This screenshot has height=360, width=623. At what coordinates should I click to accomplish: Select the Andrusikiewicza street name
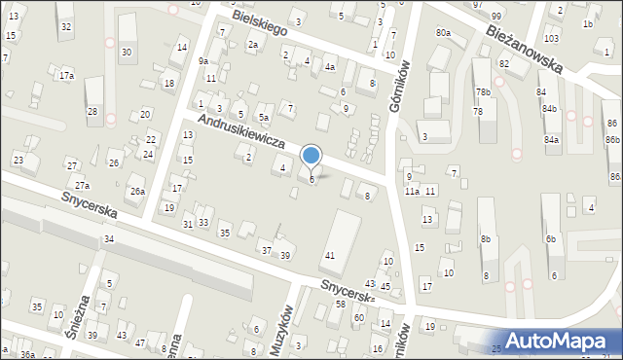click(x=240, y=132)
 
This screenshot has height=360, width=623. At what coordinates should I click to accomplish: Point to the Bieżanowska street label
click(x=525, y=50)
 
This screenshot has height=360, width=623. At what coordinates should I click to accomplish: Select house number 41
click(x=330, y=255)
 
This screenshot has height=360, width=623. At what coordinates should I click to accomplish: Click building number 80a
click(x=443, y=33)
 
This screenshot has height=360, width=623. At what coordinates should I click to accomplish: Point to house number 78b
click(x=483, y=92)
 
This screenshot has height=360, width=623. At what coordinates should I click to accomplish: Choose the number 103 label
click(x=552, y=38)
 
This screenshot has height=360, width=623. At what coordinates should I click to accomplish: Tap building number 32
click(x=65, y=26)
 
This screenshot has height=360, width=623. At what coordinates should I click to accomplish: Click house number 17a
click(x=66, y=75)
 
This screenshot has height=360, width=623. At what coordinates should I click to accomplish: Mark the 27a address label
click(x=83, y=185)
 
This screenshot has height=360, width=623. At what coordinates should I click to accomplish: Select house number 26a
click(x=137, y=192)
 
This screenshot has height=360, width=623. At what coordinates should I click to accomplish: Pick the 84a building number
click(x=552, y=140)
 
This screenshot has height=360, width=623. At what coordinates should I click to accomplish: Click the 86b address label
click(x=612, y=140)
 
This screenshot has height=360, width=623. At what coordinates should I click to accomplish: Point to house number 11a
click(x=412, y=192)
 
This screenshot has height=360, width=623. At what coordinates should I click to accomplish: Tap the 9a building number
click(x=203, y=60)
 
